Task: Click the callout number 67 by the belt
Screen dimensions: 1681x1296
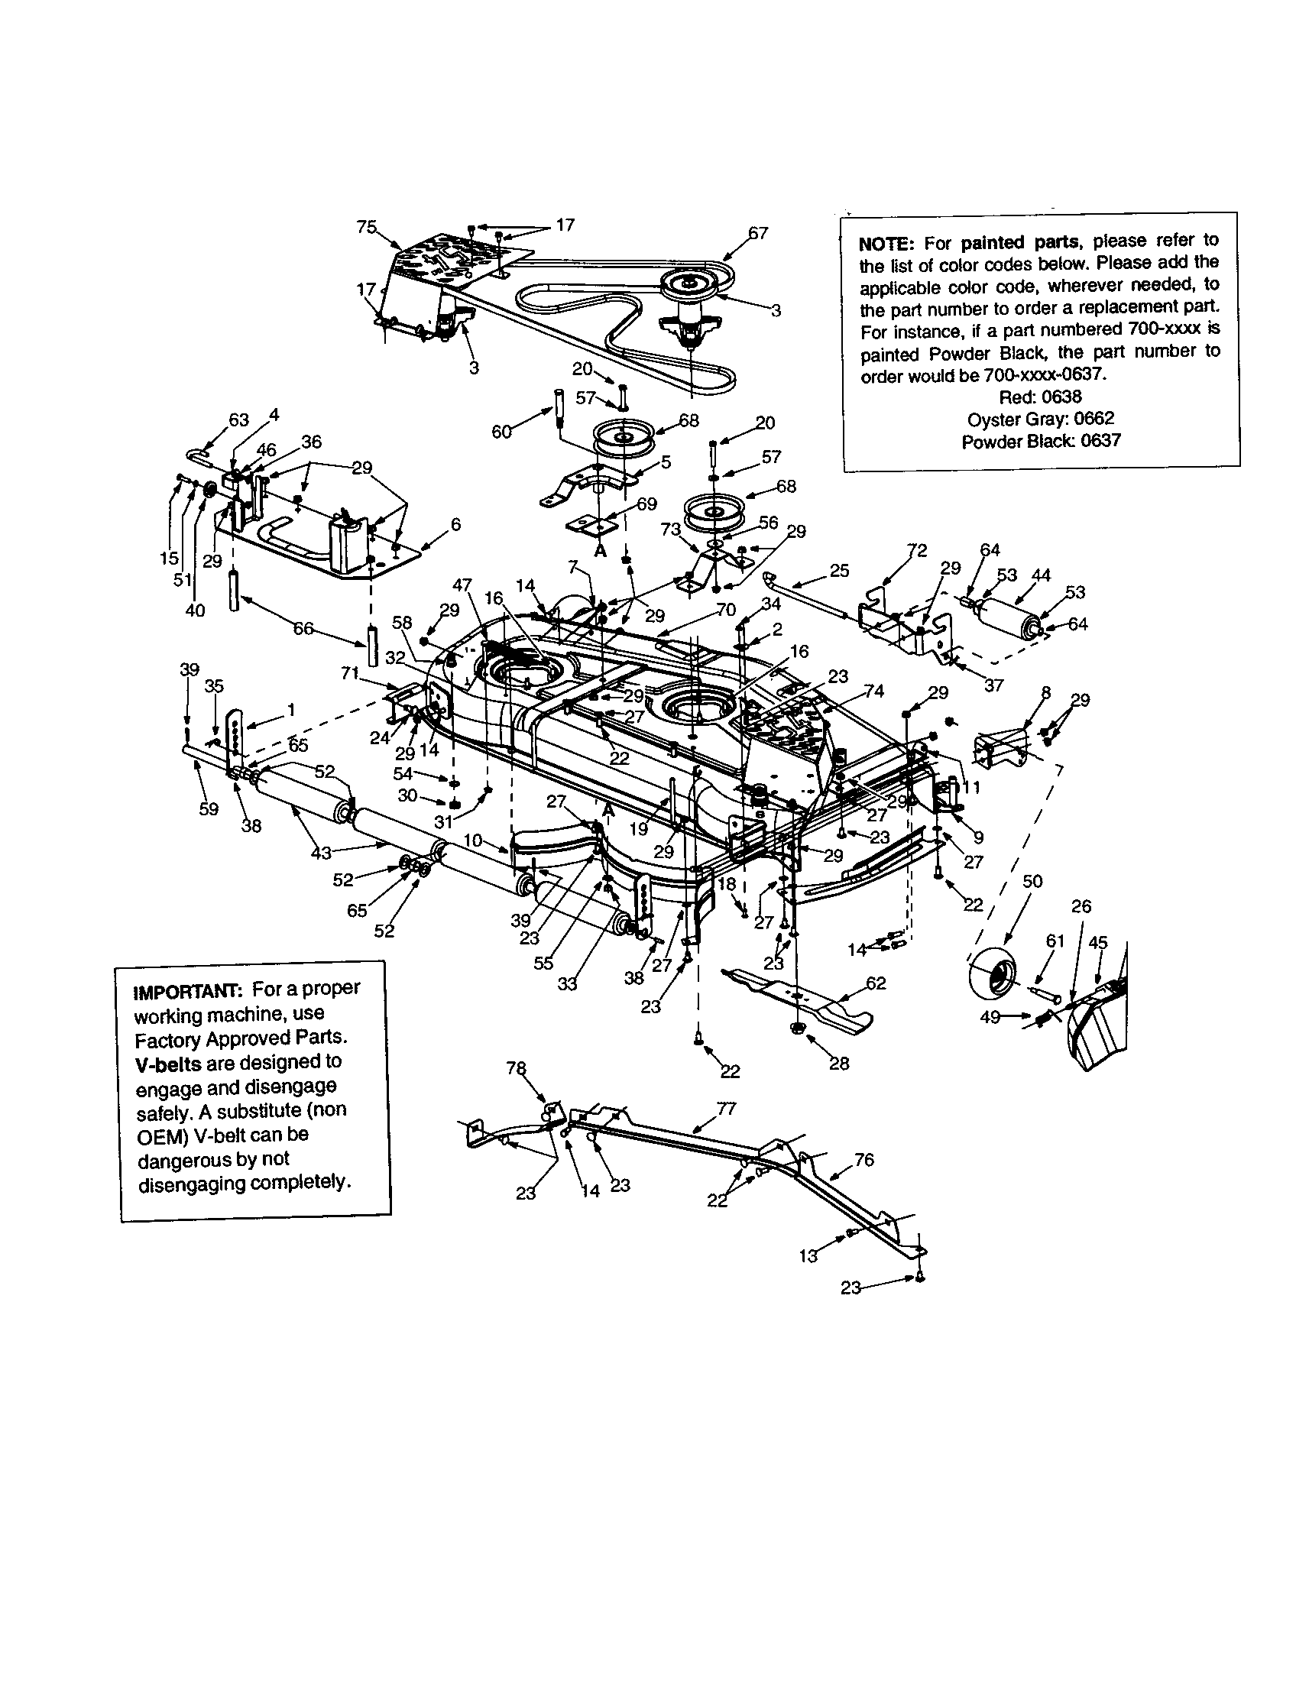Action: pyautogui.click(x=758, y=232)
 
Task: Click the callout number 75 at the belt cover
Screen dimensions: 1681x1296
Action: pyautogui.click(x=366, y=226)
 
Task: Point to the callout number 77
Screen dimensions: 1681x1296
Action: pyautogui.click(x=726, y=1109)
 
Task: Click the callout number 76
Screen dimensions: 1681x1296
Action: pyautogui.click(x=864, y=1159)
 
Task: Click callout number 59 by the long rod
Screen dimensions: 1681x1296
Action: pyautogui.click(x=209, y=809)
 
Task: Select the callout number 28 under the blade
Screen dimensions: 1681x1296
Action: pyautogui.click(x=839, y=1063)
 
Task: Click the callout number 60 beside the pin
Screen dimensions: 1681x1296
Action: pyautogui.click(x=501, y=432)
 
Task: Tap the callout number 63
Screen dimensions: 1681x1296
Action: pyautogui.click(x=239, y=419)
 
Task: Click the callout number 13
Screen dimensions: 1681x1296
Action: pyautogui.click(x=808, y=1255)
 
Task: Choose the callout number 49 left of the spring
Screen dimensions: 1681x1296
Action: pyautogui.click(x=990, y=1018)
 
